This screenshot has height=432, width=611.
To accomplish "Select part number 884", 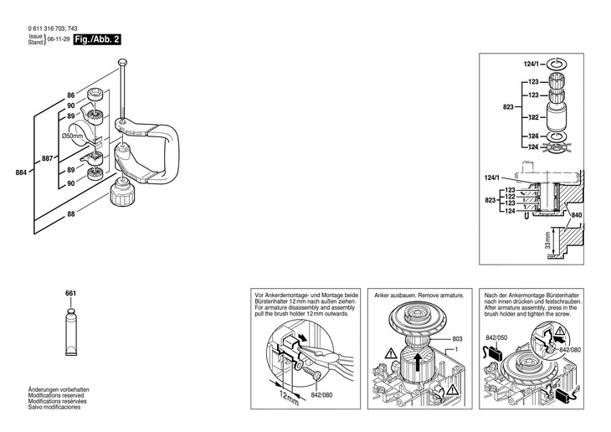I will pyautogui.click(x=20, y=172).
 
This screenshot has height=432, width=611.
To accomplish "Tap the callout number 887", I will pyautogui.click(x=47, y=158).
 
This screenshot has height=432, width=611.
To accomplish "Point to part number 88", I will pyautogui.click(x=70, y=214).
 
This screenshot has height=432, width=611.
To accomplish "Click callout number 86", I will pyautogui.click(x=70, y=95).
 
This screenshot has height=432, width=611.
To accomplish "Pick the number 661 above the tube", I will pyautogui.click(x=70, y=294).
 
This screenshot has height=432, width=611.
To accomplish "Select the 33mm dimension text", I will pyautogui.click(x=549, y=242).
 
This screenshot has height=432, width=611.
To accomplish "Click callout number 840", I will pyautogui.click(x=576, y=215).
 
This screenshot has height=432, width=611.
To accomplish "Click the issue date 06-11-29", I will pyautogui.click(x=58, y=39).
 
